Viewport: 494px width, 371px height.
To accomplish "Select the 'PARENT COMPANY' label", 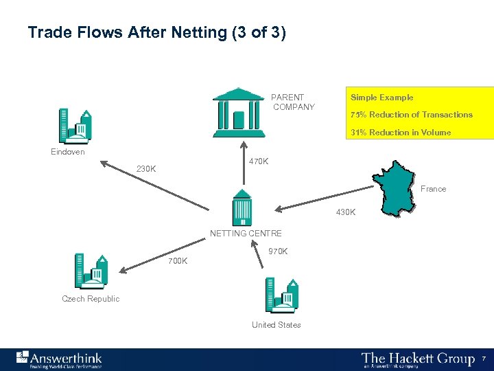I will (293, 102).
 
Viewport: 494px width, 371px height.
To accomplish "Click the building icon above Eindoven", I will (75, 125).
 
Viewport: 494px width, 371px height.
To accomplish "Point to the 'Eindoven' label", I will (68, 152).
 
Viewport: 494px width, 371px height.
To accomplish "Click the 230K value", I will (146, 169).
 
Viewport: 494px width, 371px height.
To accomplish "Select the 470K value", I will (259, 161).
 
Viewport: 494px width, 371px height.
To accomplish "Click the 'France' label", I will (433, 189).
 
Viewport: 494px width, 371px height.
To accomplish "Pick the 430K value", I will (346, 212).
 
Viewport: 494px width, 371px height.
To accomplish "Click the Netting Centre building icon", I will (242, 207).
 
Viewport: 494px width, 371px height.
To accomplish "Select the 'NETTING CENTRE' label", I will (246, 234).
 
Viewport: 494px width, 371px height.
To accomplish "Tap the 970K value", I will (278, 251).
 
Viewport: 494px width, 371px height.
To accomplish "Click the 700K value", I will (178, 261).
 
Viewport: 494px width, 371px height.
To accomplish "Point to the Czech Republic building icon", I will (91, 271).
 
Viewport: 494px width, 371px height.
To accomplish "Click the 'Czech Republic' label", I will (91, 299).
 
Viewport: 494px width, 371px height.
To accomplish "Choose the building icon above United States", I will (281, 295).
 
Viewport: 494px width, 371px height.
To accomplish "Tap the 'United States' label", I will (276, 325).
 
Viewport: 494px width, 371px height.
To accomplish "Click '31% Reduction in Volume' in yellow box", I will (401, 133).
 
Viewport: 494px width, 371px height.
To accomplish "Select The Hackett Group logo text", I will (418, 359).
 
